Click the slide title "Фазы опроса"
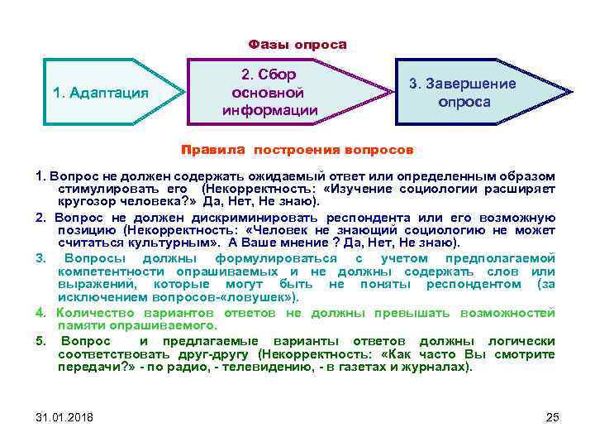point(297,44)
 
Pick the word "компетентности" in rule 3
point(107,272)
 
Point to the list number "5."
point(40,340)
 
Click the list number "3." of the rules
point(40,258)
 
